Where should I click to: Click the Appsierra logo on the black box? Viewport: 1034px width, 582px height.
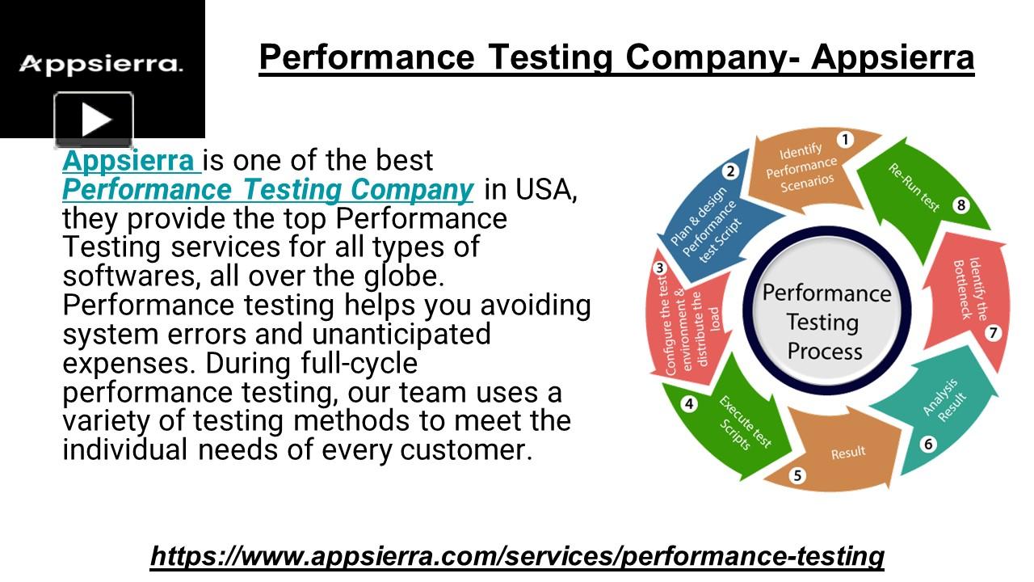[101, 64]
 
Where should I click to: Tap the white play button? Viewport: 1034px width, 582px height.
[95, 120]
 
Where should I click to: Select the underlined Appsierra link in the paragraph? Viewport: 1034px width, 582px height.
[130, 161]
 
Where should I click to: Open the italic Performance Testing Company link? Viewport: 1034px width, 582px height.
[267, 190]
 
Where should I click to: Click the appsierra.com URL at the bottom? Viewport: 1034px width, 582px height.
[517, 556]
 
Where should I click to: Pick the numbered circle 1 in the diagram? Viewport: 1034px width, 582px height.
[845, 140]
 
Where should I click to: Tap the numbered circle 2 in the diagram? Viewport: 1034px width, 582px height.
[730, 171]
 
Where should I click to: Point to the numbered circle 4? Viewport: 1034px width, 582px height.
[688, 403]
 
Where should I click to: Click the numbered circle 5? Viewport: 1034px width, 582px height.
[798, 475]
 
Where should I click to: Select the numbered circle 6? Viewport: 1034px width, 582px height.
[928, 444]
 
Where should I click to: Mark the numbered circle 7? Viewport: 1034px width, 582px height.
[993, 332]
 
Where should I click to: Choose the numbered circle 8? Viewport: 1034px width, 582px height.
[960, 205]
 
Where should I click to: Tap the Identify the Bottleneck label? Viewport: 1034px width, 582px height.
[968, 289]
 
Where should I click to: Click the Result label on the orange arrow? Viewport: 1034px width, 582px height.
[848, 453]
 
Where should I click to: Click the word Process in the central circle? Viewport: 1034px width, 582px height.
[825, 352]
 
